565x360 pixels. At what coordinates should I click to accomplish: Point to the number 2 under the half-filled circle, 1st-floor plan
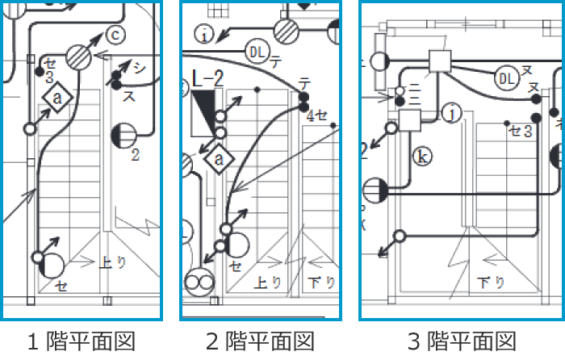point(135,154)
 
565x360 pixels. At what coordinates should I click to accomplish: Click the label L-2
point(207,79)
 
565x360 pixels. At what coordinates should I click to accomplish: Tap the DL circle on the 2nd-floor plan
point(257,52)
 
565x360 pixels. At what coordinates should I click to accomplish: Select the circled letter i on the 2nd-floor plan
point(206,34)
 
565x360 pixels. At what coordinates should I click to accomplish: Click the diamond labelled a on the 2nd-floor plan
point(218,159)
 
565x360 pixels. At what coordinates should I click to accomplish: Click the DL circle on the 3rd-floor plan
point(506,77)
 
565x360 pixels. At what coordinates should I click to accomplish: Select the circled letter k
point(420,156)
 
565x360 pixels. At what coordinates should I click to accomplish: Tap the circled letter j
point(453,114)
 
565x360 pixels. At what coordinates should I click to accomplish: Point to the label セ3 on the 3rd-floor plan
point(519,130)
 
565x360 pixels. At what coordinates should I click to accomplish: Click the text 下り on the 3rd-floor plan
point(490,283)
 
